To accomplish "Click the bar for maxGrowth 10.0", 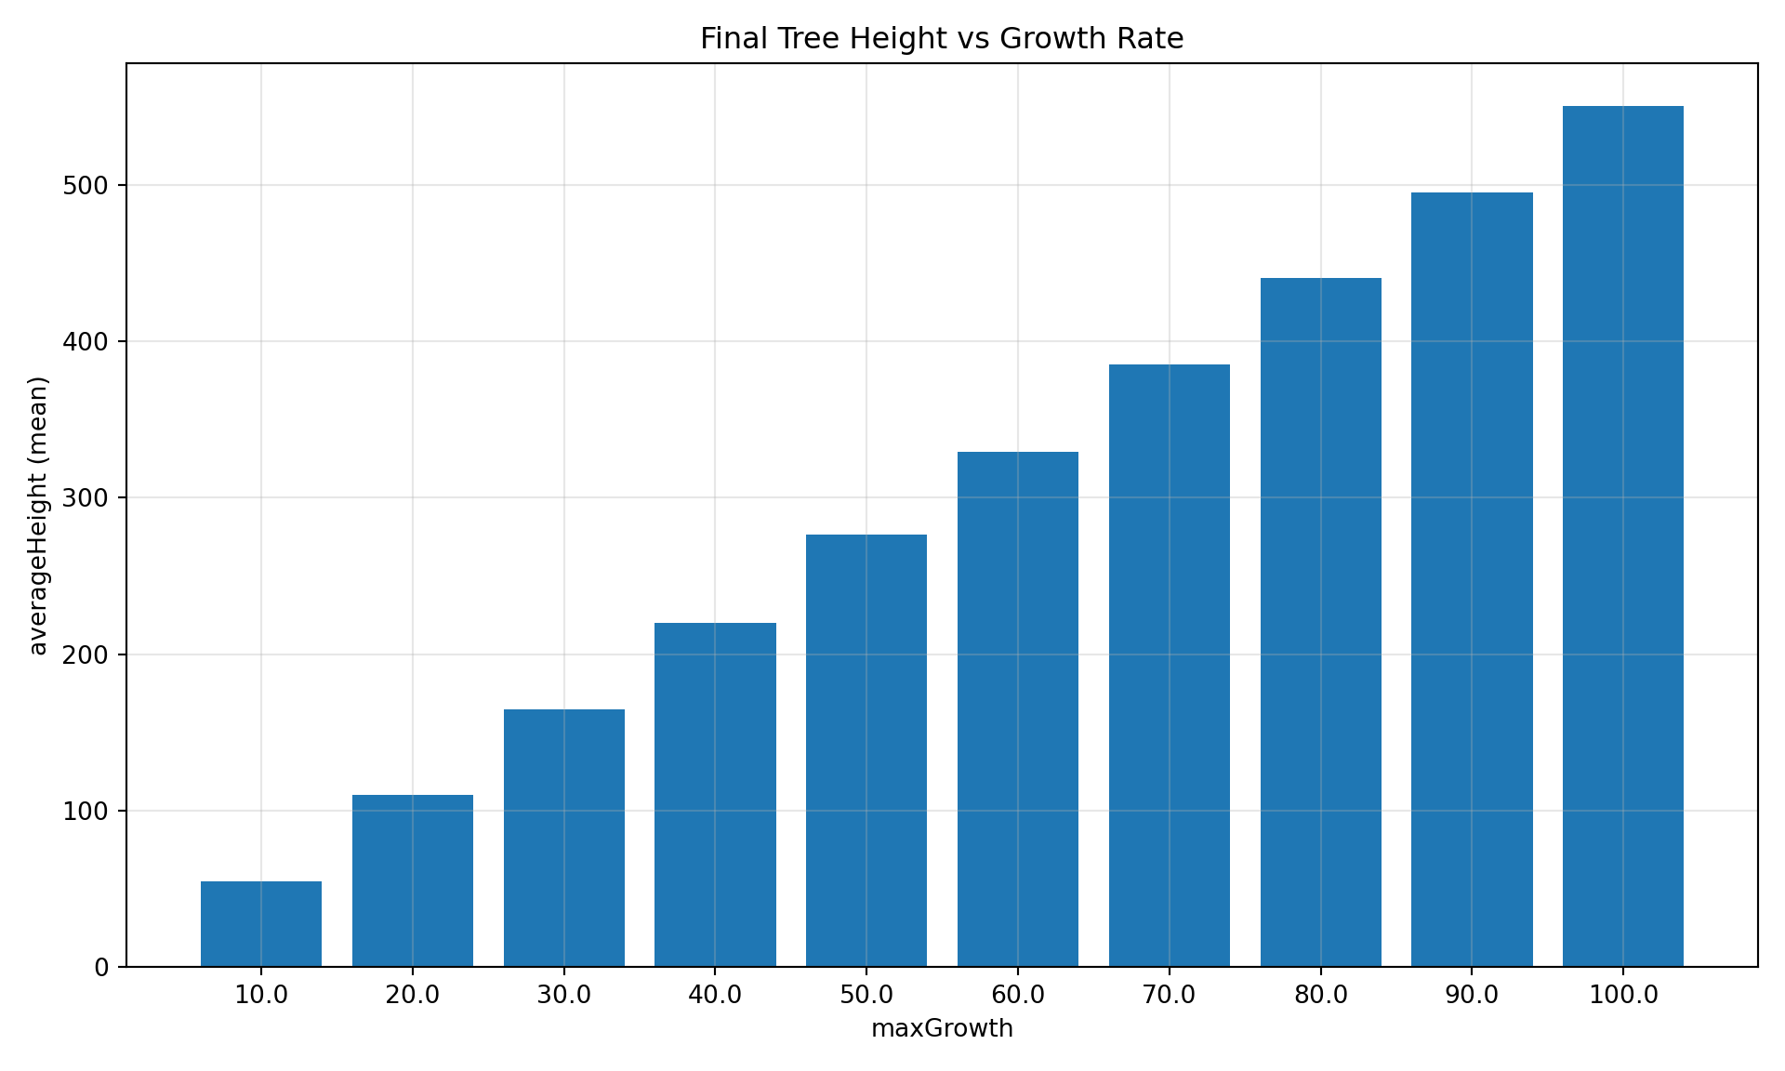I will click(261, 924).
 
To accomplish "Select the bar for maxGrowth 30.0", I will click(564, 838).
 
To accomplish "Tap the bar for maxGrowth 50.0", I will click(866, 750).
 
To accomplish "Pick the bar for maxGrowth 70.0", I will click(1170, 666).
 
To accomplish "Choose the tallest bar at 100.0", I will click(1623, 536).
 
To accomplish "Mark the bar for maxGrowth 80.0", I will click(1321, 622).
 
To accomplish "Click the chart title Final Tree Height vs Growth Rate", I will click(942, 39).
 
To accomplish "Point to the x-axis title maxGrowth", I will click(942, 1029).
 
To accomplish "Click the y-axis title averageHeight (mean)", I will click(38, 516).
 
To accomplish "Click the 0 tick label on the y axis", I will click(101, 968).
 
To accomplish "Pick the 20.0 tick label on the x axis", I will click(413, 996).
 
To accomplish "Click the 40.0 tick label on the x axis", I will click(715, 996).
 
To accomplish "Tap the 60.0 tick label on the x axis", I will click(1018, 996).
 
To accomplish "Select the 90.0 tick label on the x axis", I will click(1472, 996).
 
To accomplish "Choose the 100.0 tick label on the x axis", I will click(1623, 996).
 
